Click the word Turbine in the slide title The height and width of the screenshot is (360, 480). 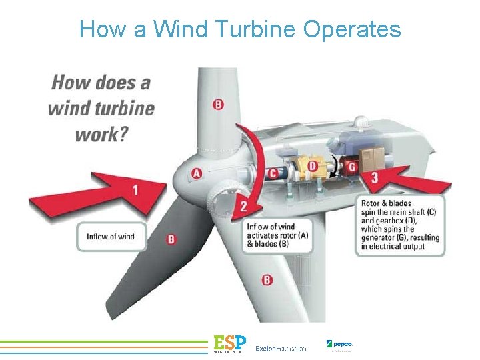coord(256,29)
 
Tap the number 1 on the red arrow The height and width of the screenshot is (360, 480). coord(135,190)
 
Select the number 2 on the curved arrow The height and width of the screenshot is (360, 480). coord(244,207)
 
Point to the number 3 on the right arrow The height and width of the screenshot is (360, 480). coord(375,177)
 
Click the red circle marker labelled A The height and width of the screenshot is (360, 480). coord(196,173)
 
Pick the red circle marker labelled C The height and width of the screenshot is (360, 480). coord(273,173)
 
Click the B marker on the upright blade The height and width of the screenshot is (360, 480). coord(218,104)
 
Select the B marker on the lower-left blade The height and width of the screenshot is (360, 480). coord(171,238)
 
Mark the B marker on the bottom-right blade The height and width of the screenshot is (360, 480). coord(267,280)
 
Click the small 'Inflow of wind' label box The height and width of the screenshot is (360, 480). coord(111,236)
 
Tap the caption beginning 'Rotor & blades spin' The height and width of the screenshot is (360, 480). coord(399,225)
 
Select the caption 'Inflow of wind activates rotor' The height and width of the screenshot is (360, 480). coord(279,235)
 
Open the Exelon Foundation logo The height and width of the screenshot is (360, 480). coord(281,348)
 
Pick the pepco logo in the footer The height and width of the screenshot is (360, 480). coord(339,345)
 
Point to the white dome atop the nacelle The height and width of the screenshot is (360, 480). coord(363,124)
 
